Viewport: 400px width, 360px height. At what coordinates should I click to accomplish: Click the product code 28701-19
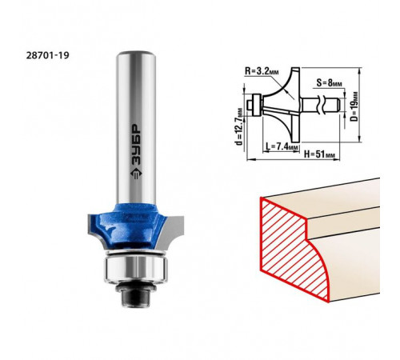[48, 55]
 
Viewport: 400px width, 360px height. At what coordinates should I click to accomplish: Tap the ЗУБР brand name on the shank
[136, 145]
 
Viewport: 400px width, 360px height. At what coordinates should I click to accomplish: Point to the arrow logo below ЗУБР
[136, 174]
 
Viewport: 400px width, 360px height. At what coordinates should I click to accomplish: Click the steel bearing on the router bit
[136, 268]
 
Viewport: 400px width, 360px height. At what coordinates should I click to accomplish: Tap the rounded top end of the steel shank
[136, 54]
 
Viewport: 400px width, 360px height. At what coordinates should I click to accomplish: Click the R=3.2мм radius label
[262, 71]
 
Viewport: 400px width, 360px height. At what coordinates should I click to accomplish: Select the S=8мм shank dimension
[329, 83]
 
